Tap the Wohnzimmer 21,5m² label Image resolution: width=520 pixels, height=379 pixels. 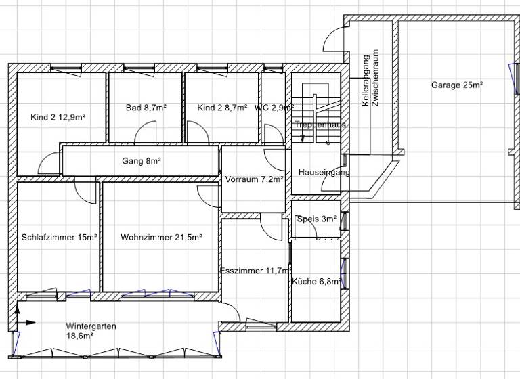[161, 238]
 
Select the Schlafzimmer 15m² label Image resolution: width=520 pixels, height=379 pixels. [59, 238]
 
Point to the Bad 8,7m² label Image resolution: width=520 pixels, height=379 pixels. [146, 108]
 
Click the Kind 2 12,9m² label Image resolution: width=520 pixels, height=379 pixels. [58, 117]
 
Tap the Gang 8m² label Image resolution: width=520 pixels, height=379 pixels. [142, 161]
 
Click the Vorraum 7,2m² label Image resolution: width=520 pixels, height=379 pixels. [255, 180]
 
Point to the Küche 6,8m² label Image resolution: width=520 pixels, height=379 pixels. [316, 281]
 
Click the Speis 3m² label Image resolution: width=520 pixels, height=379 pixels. [317, 219]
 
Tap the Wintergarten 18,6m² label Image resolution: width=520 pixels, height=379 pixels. [91, 330]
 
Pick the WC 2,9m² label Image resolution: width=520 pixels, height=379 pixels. [274, 108]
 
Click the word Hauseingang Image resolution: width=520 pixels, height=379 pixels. [324, 173]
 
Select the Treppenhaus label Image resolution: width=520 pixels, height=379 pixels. [320, 125]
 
